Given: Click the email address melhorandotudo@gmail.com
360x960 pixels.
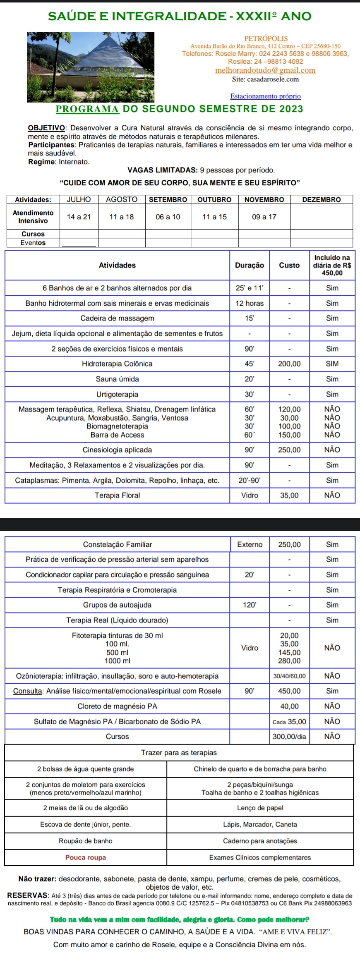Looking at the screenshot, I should click(265, 70).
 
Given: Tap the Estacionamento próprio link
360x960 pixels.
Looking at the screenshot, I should click(265, 96).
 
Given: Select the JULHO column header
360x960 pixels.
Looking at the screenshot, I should click(79, 199).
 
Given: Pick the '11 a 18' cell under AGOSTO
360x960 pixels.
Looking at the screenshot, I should click(122, 217).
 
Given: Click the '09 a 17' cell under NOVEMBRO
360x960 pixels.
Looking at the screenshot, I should click(264, 217).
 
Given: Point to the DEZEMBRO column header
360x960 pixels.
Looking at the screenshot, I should click(322, 199).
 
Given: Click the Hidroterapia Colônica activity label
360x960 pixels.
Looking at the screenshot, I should click(117, 364).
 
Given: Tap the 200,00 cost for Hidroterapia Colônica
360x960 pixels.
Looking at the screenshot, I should click(289, 364).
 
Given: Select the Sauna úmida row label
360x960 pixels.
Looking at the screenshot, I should click(117, 379).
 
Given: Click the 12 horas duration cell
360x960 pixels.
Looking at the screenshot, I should click(249, 303).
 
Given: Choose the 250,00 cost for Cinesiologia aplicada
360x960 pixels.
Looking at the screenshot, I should click(289, 450).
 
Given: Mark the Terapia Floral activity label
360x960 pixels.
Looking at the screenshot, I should click(117, 496).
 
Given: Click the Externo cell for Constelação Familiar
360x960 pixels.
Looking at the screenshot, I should click(250, 544).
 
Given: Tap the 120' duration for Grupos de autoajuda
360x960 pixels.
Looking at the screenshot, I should click(250, 605).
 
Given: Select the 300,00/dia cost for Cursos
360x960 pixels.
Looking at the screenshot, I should click(289, 737).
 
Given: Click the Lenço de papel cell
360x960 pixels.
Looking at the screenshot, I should click(260, 808).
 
